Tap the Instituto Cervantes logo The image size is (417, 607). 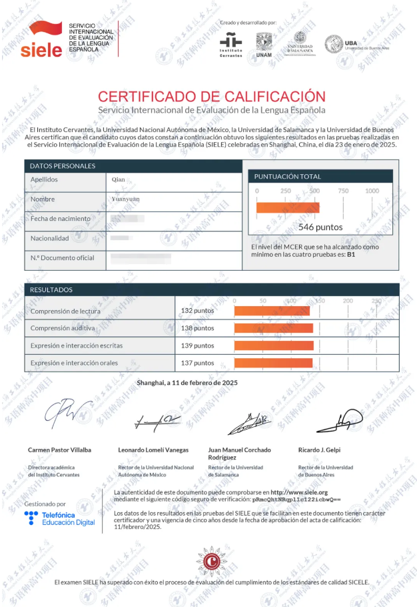pyautogui.click(x=231, y=44)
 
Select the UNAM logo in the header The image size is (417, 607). pyautogui.click(x=264, y=45)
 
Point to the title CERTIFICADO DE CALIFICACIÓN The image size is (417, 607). pyautogui.click(x=211, y=96)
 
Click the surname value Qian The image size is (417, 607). pyautogui.click(x=118, y=179)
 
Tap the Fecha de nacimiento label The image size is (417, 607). pyautogui.click(x=60, y=219)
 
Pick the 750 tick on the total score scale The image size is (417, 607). pyautogui.click(x=343, y=191)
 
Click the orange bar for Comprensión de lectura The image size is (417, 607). pyautogui.click(x=271, y=311)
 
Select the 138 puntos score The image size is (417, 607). pyautogui.click(x=197, y=328)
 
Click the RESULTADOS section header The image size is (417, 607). pyautogui.click(x=51, y=290)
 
